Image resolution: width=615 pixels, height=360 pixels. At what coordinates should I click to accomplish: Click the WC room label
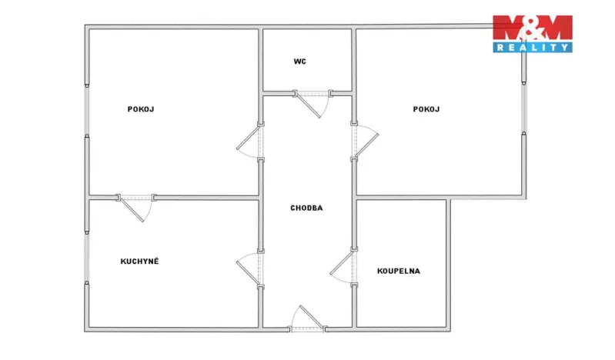tap(299, 62)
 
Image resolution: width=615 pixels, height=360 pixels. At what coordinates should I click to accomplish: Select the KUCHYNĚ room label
tap(139, 262)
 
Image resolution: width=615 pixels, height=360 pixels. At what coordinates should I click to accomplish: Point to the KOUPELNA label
tap(399, 271)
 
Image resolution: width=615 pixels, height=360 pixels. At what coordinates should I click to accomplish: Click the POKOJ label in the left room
tap(141, 109)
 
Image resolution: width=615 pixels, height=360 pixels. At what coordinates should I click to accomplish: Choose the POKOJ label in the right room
tap(426, 109)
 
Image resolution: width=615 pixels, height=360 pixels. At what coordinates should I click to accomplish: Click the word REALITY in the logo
tap(533, 48)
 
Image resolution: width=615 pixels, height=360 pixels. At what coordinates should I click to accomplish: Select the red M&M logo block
tap(533, 28)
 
